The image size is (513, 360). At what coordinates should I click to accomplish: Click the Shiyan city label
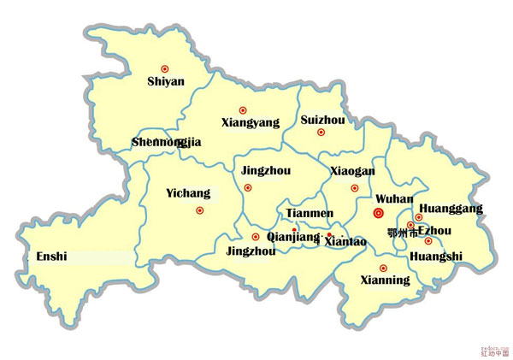pos(166,82)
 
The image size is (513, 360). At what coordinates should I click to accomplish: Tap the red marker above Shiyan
pos(165,68)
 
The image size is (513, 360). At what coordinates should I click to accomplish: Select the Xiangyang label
pos(251,123)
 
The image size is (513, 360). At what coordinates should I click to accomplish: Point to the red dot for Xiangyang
pos(243,109)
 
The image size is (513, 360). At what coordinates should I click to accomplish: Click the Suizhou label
pos(322,120)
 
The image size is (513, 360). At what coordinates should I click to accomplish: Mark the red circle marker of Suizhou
pos(321,133)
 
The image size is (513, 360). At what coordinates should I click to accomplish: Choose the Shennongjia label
pos(167,142)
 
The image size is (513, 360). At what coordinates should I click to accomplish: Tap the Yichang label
pos(188,194)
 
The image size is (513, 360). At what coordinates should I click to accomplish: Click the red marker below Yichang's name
pos(200,210)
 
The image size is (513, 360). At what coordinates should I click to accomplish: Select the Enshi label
pos(50,256)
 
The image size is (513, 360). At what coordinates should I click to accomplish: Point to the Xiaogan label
pos(352,171)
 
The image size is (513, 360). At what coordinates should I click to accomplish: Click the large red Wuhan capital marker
pos(380,214)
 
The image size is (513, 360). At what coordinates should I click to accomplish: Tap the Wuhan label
pos(394,198)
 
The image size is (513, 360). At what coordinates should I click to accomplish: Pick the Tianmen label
pos(310,213)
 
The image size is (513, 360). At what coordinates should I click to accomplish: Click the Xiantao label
pos(345,242)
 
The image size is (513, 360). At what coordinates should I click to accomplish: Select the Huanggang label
pos(451,208)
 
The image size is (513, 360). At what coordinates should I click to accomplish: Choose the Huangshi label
pos(436,256)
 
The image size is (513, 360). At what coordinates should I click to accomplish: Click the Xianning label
pos(384,280)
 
